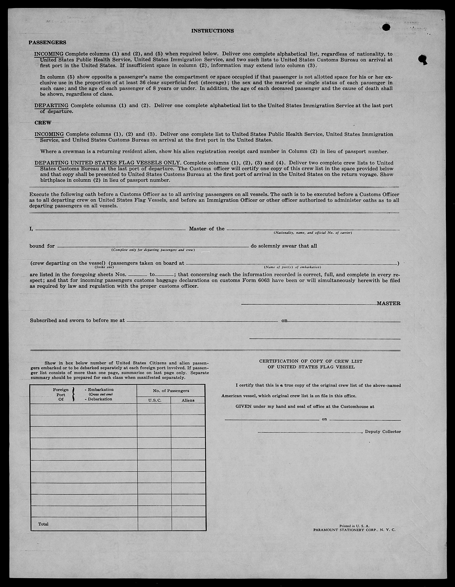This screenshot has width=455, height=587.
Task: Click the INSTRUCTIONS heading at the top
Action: (x=212, y=31)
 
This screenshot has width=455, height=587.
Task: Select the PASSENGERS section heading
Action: (x=47, y=42)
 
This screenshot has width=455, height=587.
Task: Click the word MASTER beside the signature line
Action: (x=388, y=303)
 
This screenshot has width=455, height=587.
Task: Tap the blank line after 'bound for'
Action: (x=153, y=246)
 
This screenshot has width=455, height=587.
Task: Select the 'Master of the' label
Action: (x=206, y=229)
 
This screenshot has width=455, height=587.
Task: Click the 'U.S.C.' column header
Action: (x=155, y=400)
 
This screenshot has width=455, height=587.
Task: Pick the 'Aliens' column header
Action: (x=188, y=400)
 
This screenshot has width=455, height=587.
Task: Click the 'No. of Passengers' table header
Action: (x=171, y=391)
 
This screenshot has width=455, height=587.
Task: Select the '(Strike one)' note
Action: (x=104, y=267)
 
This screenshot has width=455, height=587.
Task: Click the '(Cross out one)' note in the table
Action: (x=100, y=394)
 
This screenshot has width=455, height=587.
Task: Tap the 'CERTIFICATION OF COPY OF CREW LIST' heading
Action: (x=311, y=361)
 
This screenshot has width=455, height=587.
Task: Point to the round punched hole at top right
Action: (x=386, y=27)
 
